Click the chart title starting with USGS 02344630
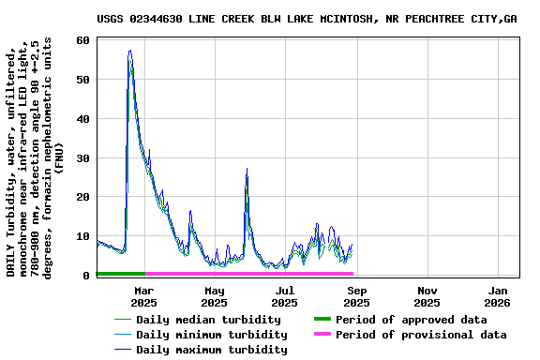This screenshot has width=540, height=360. pyautogui.click(x=320, y=19)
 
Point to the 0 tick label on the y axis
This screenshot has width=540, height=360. pyautogui.click(x=85, y=276)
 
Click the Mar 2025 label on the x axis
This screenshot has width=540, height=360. pyautogui.click(x=143, y=296)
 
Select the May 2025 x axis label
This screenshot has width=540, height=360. pyautogui.click(x=214, y=296)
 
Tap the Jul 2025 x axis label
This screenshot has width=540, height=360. pyautogui.click(x=285, y=296)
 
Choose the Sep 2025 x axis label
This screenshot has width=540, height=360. pyautogui.click(x=356, y=296)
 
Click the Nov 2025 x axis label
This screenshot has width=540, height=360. pyautogui.click(x=427, y=296)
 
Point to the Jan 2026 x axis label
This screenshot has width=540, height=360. pyautogui.click(x=497, y=296)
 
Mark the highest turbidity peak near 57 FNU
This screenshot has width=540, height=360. pyautogui.click(x=129, y=52)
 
